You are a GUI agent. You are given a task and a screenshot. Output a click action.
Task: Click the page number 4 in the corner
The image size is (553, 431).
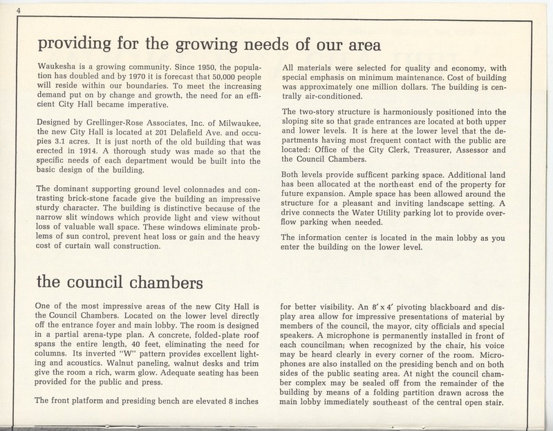coord(4,8)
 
